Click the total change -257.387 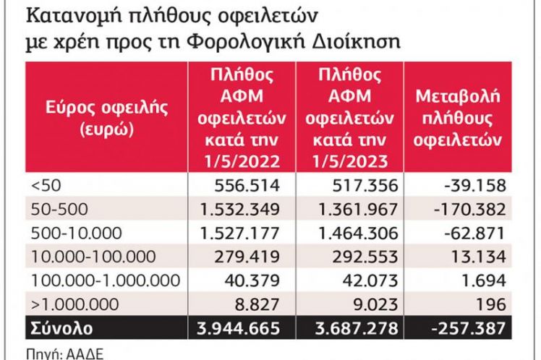click(x=470, y=327)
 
